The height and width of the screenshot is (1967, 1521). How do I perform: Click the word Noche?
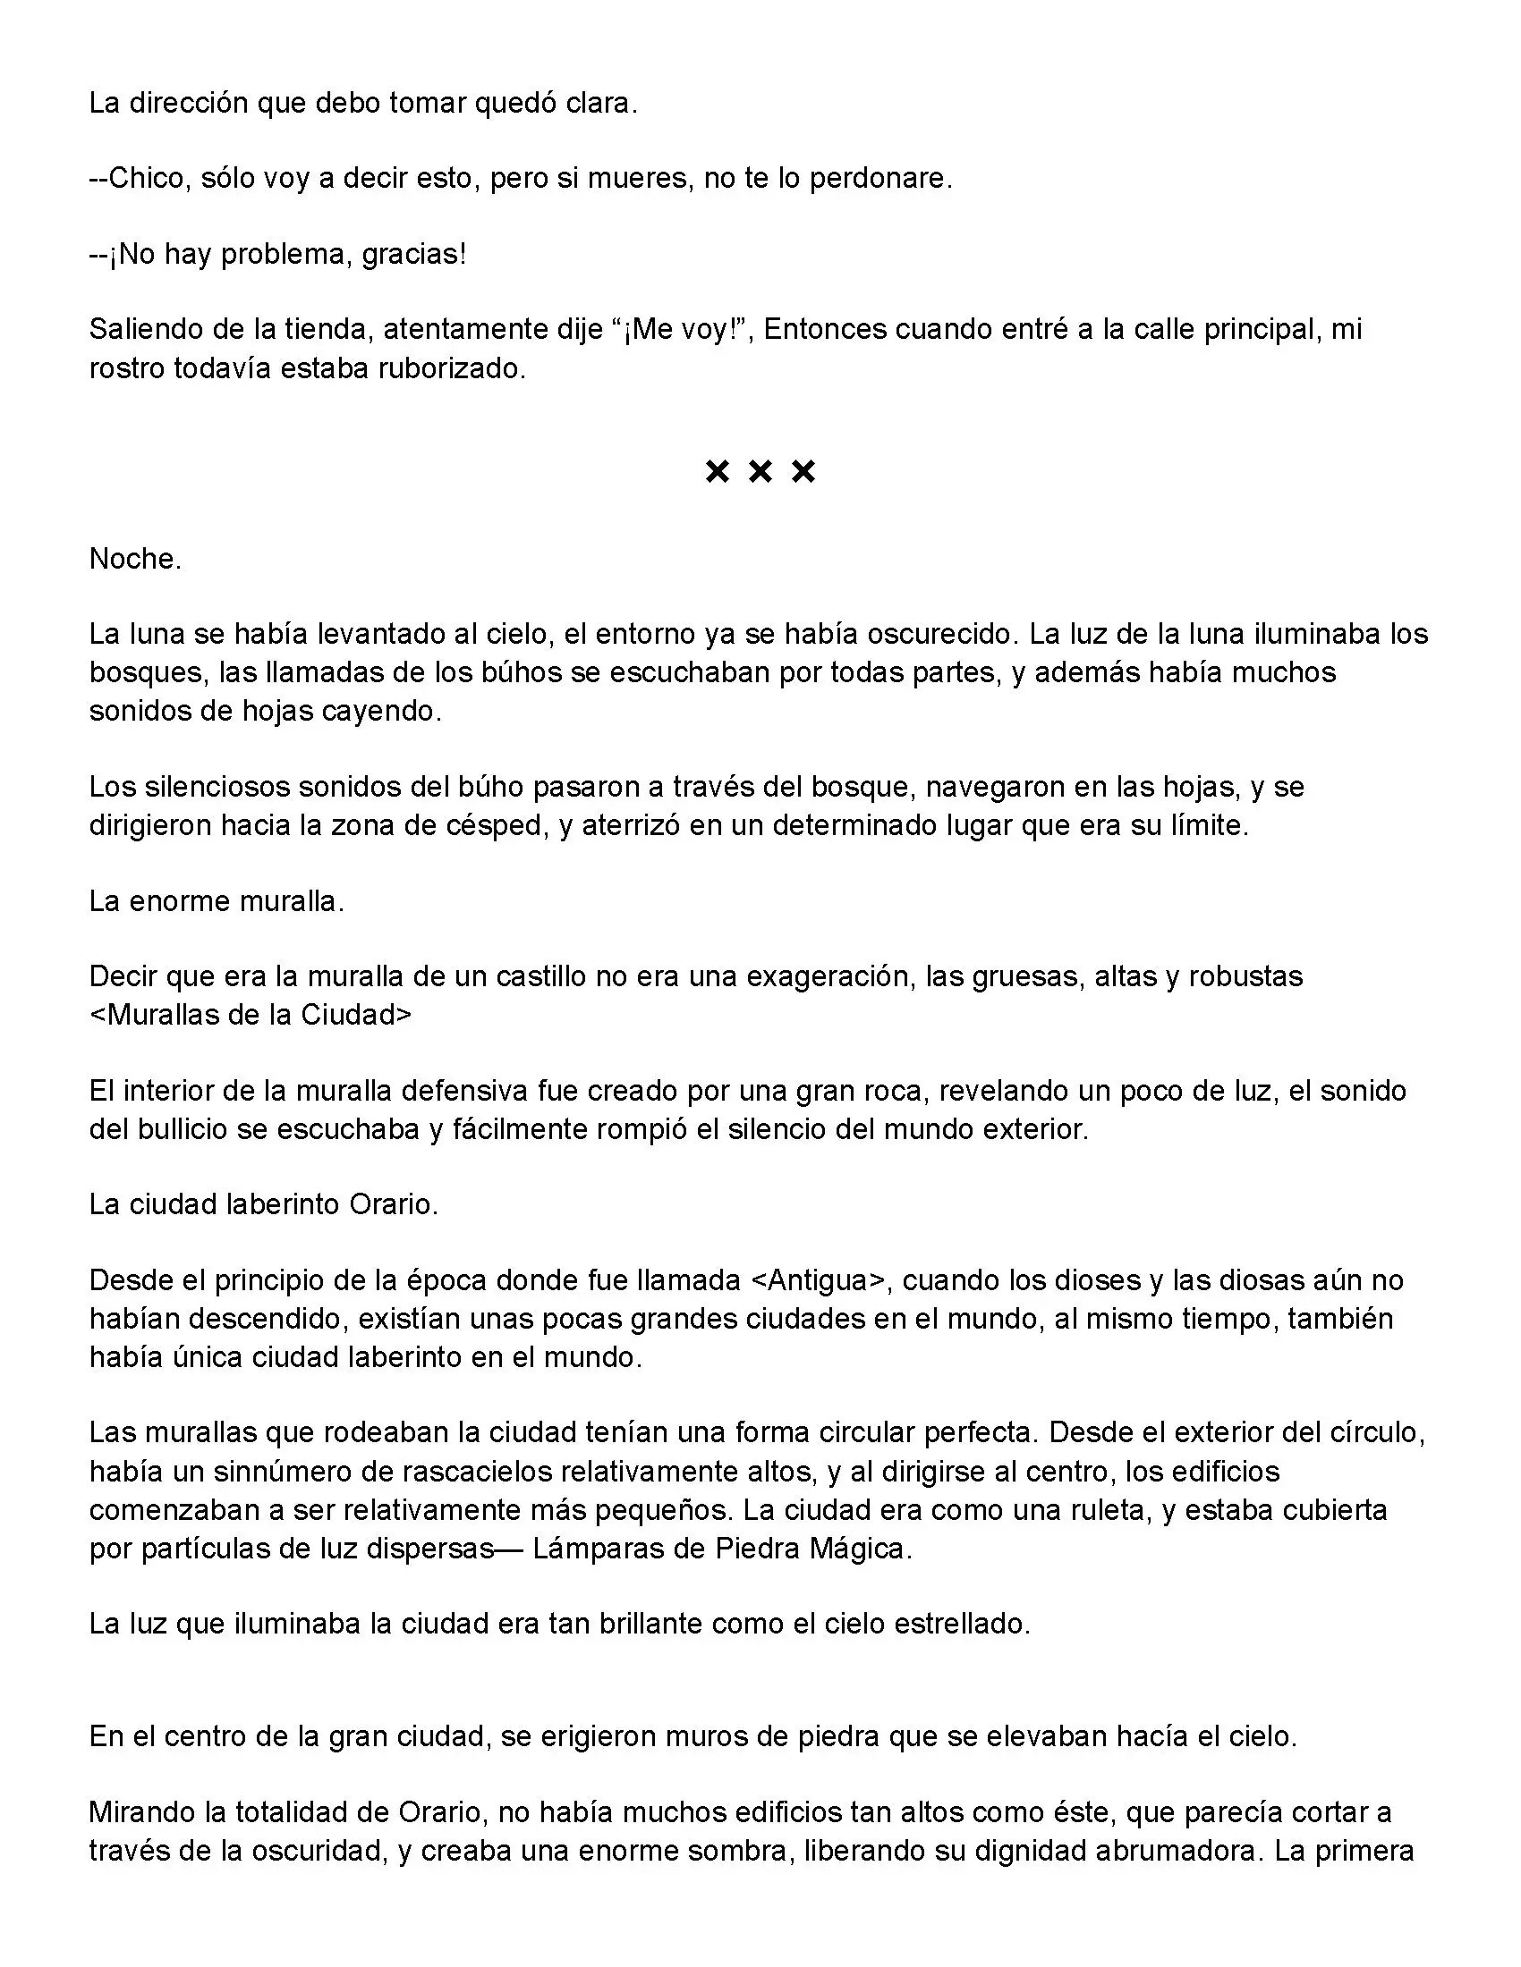135,560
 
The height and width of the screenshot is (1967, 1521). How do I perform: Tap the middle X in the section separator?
760,471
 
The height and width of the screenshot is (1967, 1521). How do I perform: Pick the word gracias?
413,255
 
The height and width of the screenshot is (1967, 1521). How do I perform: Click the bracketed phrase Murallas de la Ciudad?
251,1014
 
